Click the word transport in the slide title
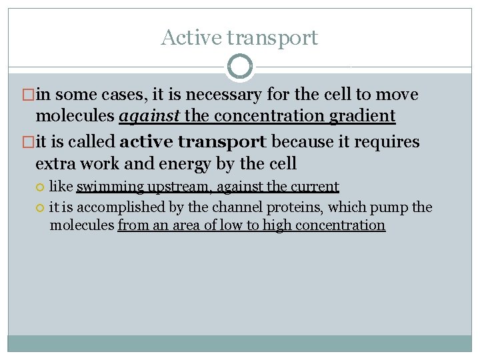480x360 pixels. pyautogui.click(x=272, y=39)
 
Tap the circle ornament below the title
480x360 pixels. pyautogui.click(x=240, y=67)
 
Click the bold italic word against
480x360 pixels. pyautogui.click(x=149, y=117)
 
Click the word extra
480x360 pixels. pyautogui.click(x=53, y=163)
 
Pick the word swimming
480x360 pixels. pyautogui.click(x=109, y=187)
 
